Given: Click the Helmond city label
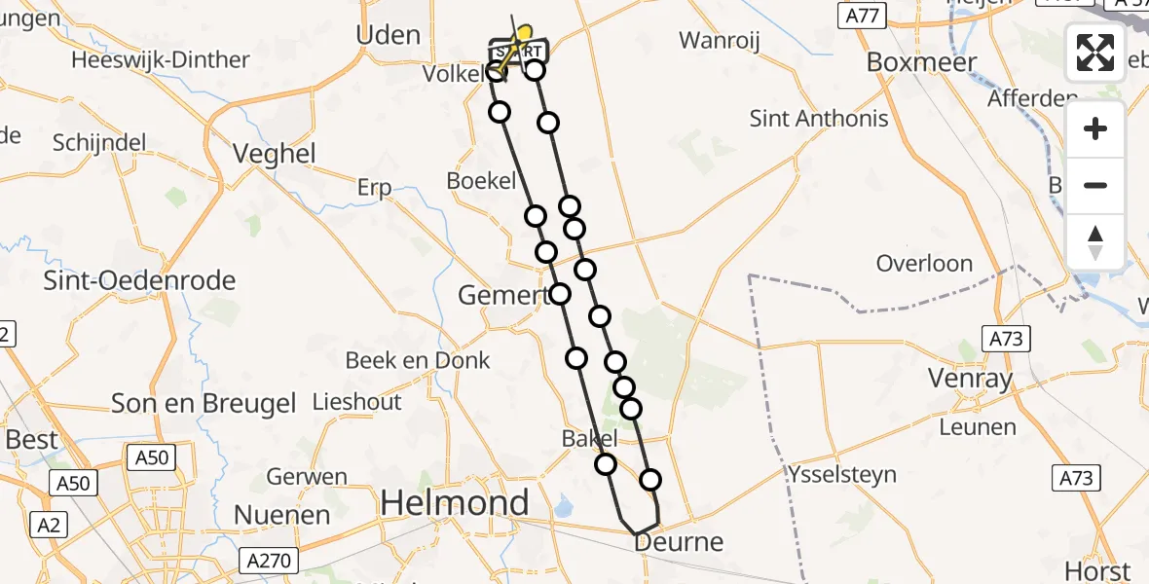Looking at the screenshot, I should [455, 503].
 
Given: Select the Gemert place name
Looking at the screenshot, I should [496, 294].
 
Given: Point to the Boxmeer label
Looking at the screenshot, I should [921, 60].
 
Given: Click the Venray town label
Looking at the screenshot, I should [970, 379].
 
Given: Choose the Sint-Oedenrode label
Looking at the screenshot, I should [140, 280].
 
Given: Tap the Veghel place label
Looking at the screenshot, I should [275, 153].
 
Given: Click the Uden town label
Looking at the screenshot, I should [389, 35].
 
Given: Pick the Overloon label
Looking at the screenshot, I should [924, 263].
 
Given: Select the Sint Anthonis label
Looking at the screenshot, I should [819, 119].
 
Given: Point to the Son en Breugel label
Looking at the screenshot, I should [204, 403].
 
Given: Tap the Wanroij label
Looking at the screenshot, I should [719, 41].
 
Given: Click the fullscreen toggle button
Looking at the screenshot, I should [1095, 53].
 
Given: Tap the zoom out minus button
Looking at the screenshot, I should [1095, 186].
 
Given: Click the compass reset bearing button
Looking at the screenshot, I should [1095, 242].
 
